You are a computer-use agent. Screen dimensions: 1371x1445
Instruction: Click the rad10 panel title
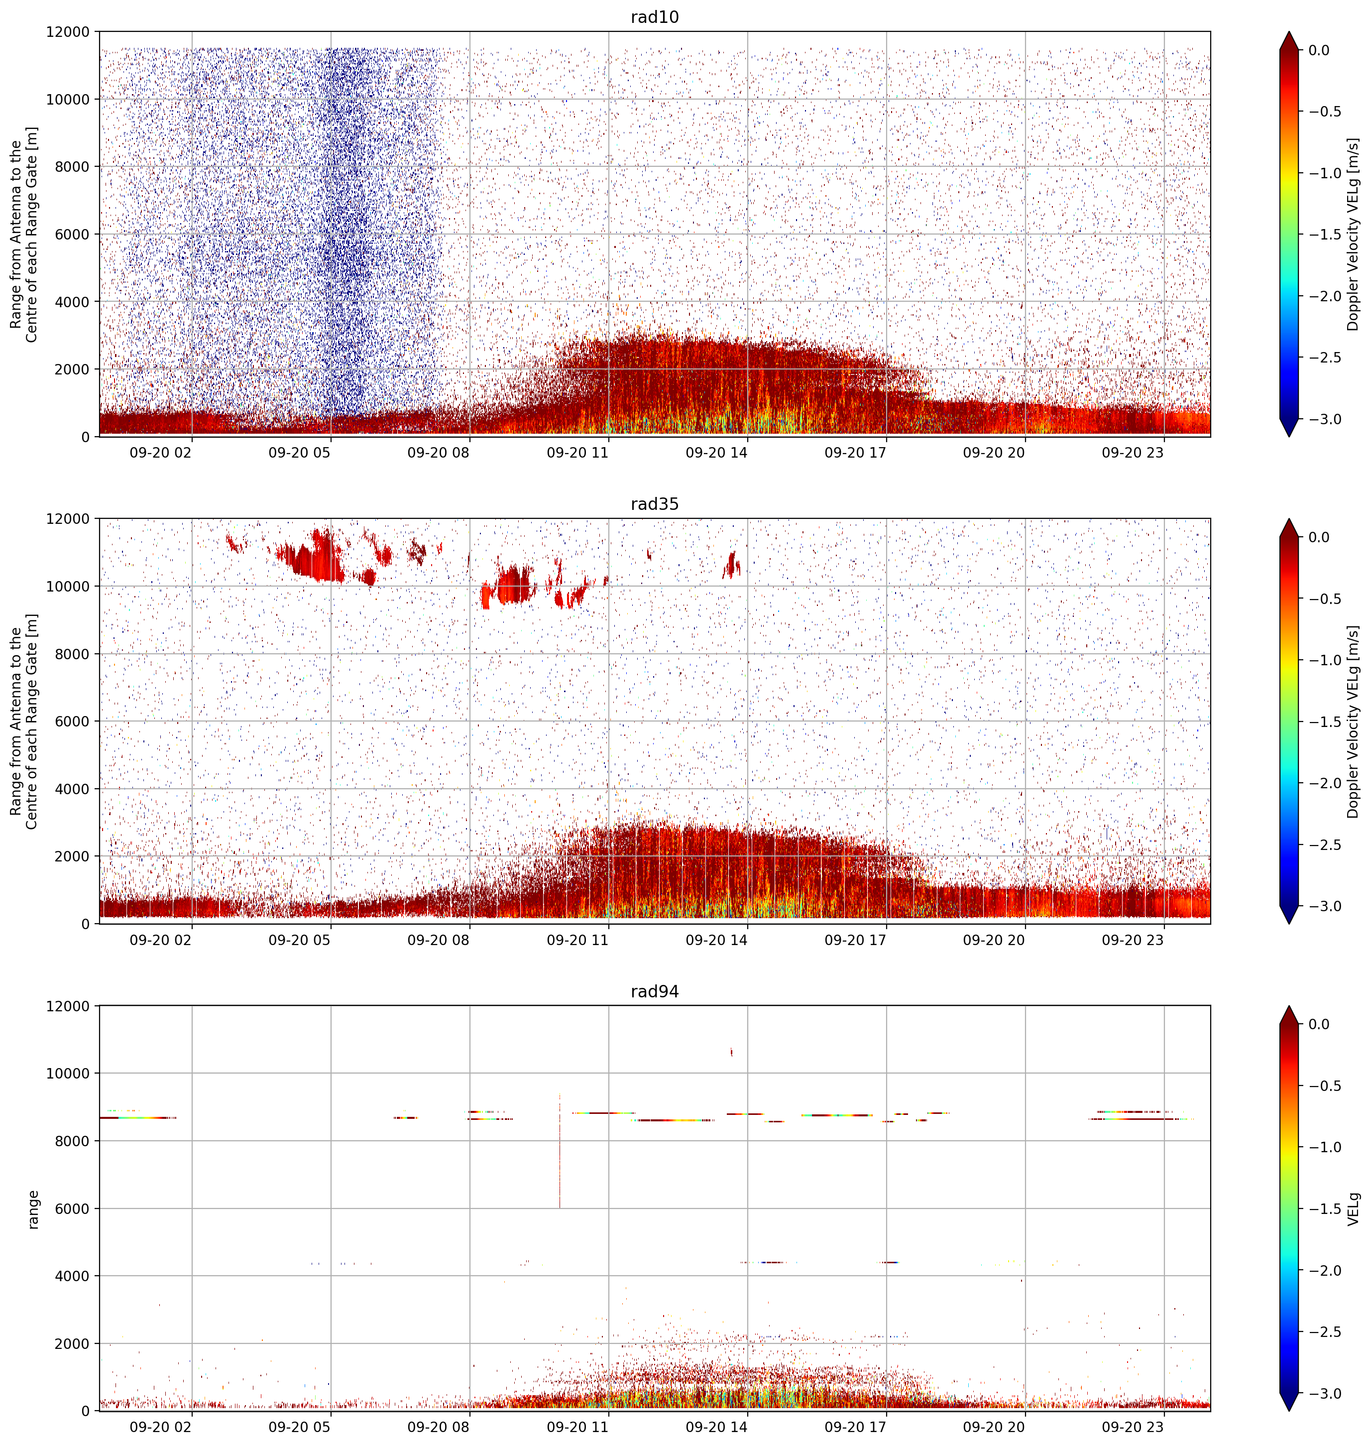click(x=654, y=17)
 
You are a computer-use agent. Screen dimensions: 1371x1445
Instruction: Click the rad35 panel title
click(x=654, y=503)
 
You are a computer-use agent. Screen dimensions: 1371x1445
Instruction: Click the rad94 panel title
click(x=654, y=991)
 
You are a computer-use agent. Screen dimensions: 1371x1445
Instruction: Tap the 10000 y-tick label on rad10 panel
click(x=68, y=100)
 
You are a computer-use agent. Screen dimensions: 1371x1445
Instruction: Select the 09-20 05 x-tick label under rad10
click(x=300, y=453)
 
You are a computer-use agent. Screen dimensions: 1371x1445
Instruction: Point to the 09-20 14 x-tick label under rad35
click(x=716, y=940)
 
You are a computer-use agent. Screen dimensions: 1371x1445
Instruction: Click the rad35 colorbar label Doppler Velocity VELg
click(x=1354, y=722)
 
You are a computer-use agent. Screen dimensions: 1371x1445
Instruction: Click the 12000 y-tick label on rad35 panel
click(x=68, y=519)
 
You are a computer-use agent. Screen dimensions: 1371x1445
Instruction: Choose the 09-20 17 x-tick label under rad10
click(x=855, y=453)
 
